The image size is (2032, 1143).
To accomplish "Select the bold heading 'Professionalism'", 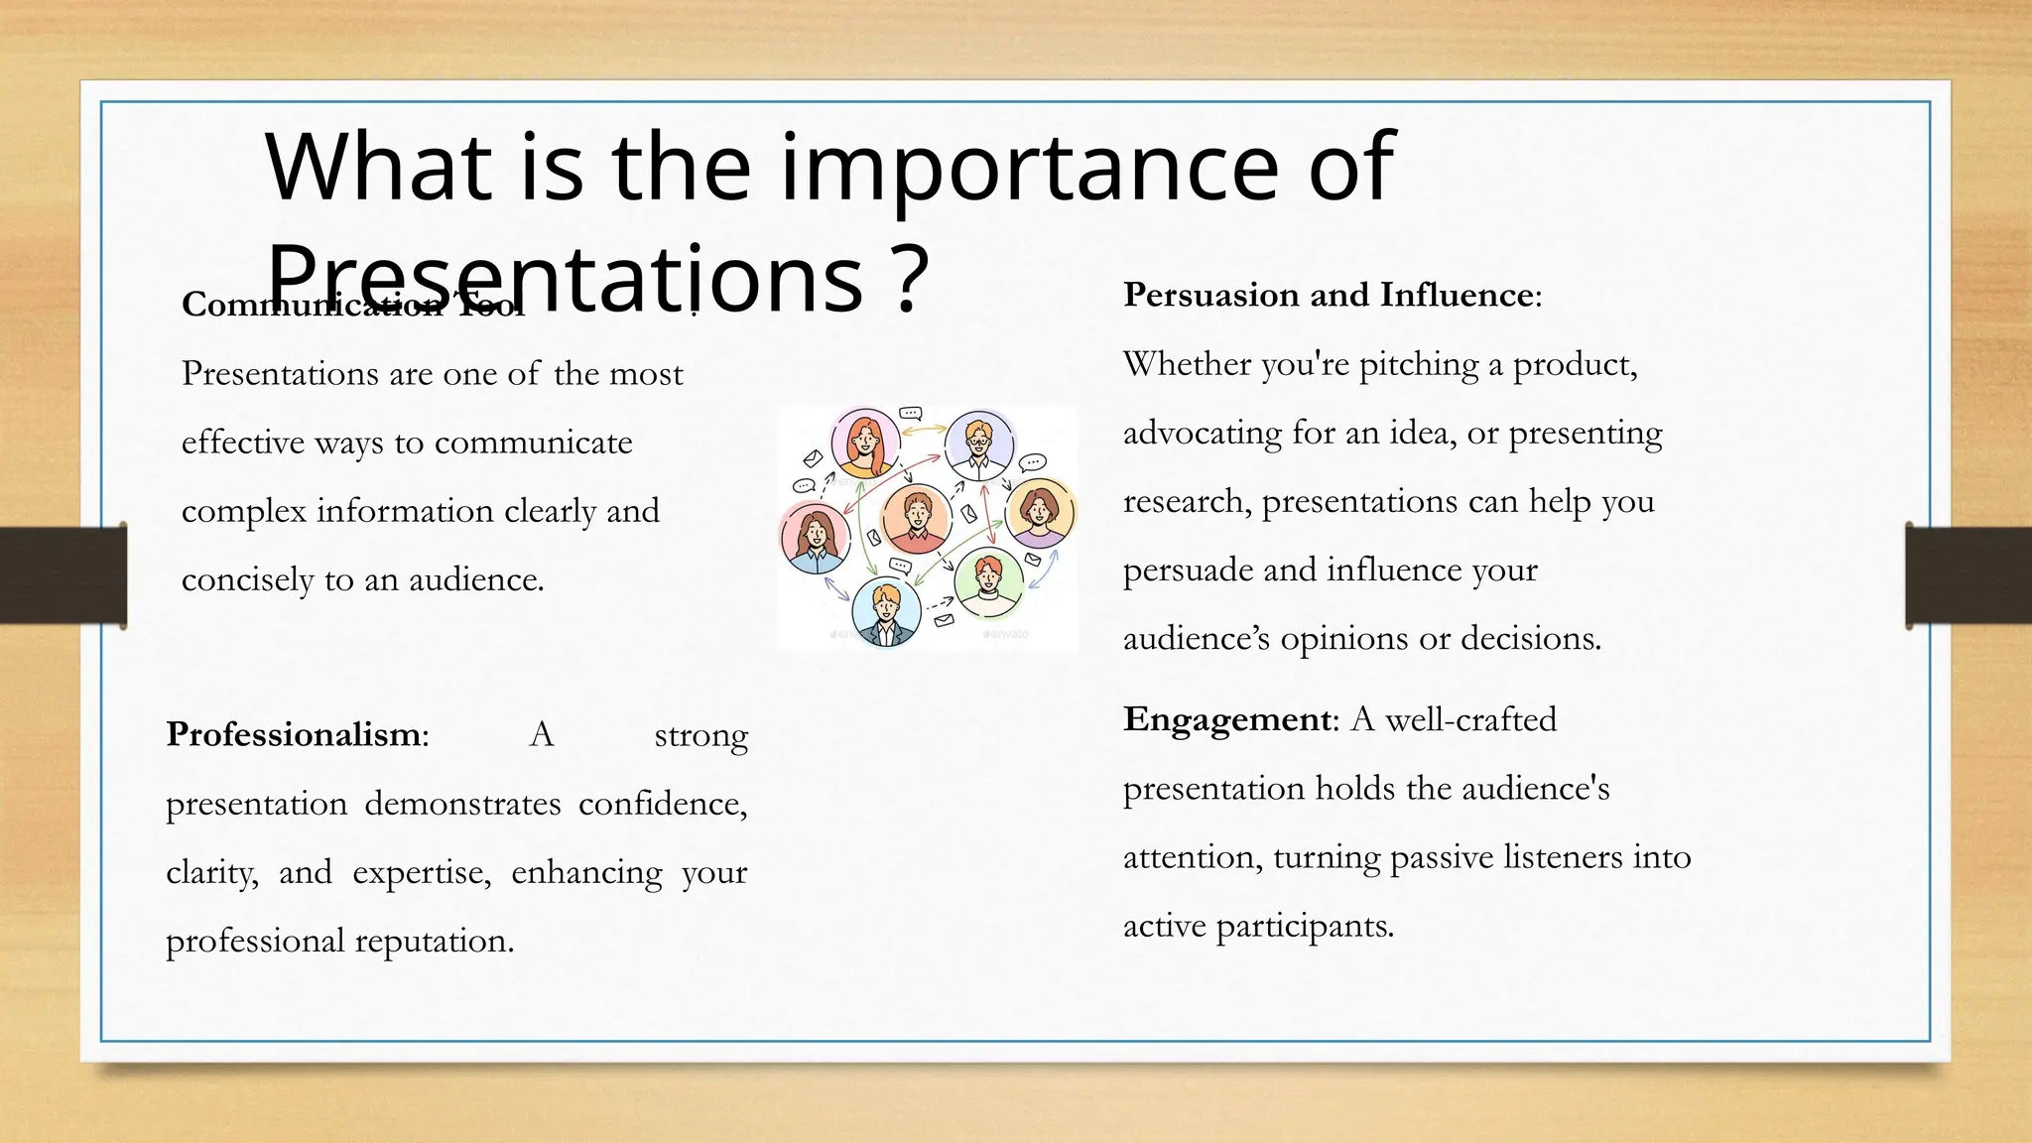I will pos(294,734).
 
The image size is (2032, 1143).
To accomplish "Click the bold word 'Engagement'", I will pos(1225,718).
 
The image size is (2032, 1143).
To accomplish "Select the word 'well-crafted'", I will pos(1470,719).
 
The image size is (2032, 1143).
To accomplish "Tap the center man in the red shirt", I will pos(916,519).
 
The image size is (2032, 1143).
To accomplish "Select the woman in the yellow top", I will pos(865,444).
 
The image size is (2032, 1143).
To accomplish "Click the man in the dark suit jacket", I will pos(885,611).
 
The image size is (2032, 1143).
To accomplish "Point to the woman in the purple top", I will pos(1039,513).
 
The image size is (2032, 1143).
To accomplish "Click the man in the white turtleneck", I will pos(987,583).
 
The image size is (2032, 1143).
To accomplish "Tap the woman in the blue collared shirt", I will pos(815,537).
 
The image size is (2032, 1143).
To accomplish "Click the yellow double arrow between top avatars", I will pos(923,431).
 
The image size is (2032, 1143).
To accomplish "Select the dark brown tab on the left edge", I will pos(63,575).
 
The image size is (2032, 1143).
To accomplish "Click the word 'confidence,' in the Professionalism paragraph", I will pos(663,804).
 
